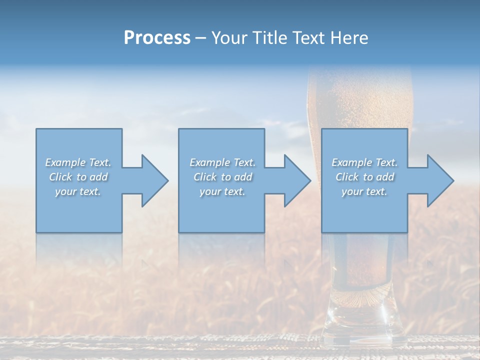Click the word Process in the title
point(157,38)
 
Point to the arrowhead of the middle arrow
point(296,180)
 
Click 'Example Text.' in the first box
point(78,162)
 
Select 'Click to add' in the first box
point(78,177)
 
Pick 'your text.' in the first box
point(78,191)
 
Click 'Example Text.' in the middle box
point(222,162)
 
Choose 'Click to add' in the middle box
point(222,177)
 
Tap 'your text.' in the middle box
point(222,191)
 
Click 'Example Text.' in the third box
point(364,162)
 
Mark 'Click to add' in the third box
point(364,177)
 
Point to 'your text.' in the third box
point(364,191)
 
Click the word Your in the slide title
point(230,38)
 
